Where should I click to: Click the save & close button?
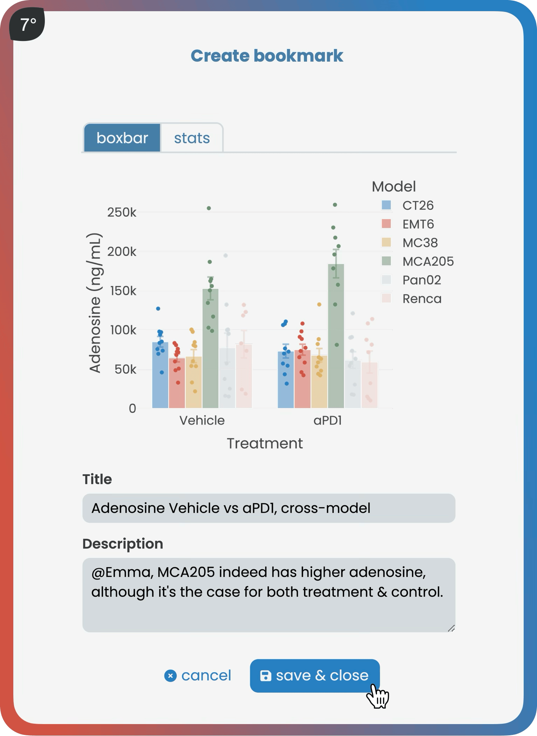[314, 675]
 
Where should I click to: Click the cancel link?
[198, 675]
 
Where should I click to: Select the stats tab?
[192, 138]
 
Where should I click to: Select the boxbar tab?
[122, 138]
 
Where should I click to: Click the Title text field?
[268, 508]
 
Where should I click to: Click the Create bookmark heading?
[267, 56]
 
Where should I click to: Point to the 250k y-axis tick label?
[122, 212]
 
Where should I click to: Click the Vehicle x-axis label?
[202, 420]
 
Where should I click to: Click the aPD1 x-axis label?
[327, 420]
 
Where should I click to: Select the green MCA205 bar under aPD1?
[336, 350]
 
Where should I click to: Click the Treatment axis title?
[265, 443]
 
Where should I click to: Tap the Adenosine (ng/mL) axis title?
[95, 303]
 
